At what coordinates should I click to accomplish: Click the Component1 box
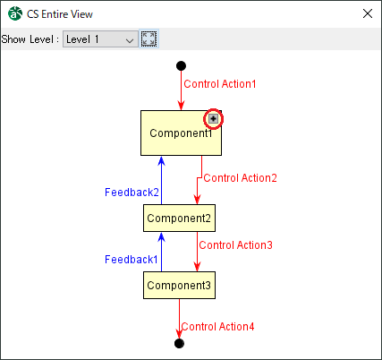[181, 133]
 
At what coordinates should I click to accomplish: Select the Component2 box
[179, 219]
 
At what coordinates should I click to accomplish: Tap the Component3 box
[179, 286]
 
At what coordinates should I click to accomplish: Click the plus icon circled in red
[213, 119]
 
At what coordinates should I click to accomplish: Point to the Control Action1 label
[220, 84]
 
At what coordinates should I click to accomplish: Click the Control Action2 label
[240, 178]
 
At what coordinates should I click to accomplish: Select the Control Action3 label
[235, 245]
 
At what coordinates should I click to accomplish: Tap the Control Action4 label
[217, 327]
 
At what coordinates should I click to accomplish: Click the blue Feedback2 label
[132, 193]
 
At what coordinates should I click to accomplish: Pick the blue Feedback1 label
[132, 260]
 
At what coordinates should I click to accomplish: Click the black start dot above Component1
[181, 65]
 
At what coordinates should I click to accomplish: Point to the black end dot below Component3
[179, 343]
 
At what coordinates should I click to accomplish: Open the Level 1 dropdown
[100, 39]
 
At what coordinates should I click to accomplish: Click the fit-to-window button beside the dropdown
[149, 39]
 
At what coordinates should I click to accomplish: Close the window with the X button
[368, 13]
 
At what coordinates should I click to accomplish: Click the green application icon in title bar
[15, 13]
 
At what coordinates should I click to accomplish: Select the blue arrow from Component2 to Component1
[161, 181]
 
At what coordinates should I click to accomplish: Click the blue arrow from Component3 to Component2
[161, 253]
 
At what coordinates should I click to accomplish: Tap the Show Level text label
[30, 39]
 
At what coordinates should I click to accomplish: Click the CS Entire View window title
[60, 14]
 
